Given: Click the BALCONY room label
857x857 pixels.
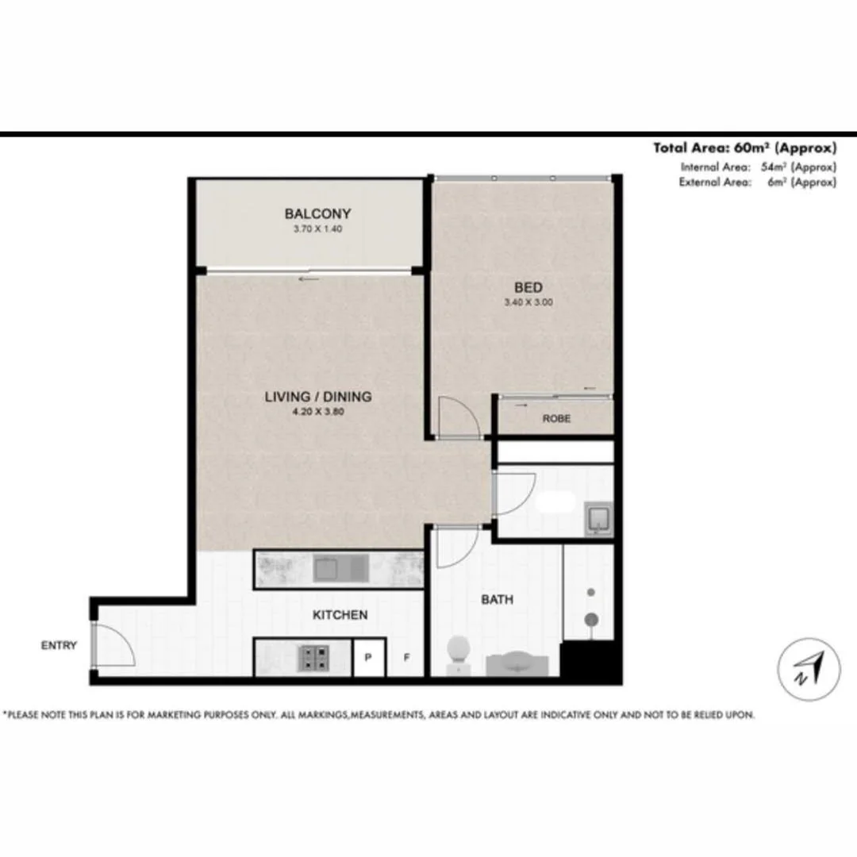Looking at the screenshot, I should [317, 213].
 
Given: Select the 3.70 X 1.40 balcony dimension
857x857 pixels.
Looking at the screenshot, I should [317, 229].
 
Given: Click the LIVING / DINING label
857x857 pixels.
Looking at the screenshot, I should [317, 397].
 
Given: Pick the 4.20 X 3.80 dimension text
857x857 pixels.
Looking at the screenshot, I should [317, 412].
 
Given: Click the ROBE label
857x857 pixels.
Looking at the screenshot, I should [556, 419].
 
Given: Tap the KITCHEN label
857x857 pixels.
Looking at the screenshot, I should [340, 615].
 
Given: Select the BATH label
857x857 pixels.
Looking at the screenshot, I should [497, 600].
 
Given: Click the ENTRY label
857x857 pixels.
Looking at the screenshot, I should [59, 646].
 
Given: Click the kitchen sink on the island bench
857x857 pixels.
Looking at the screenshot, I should [340, 568].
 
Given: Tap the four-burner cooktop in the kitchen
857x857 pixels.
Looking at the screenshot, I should [312, 657].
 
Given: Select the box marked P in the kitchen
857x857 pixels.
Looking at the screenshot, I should [368, 658].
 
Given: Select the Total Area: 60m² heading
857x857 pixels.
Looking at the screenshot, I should [744, 148].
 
